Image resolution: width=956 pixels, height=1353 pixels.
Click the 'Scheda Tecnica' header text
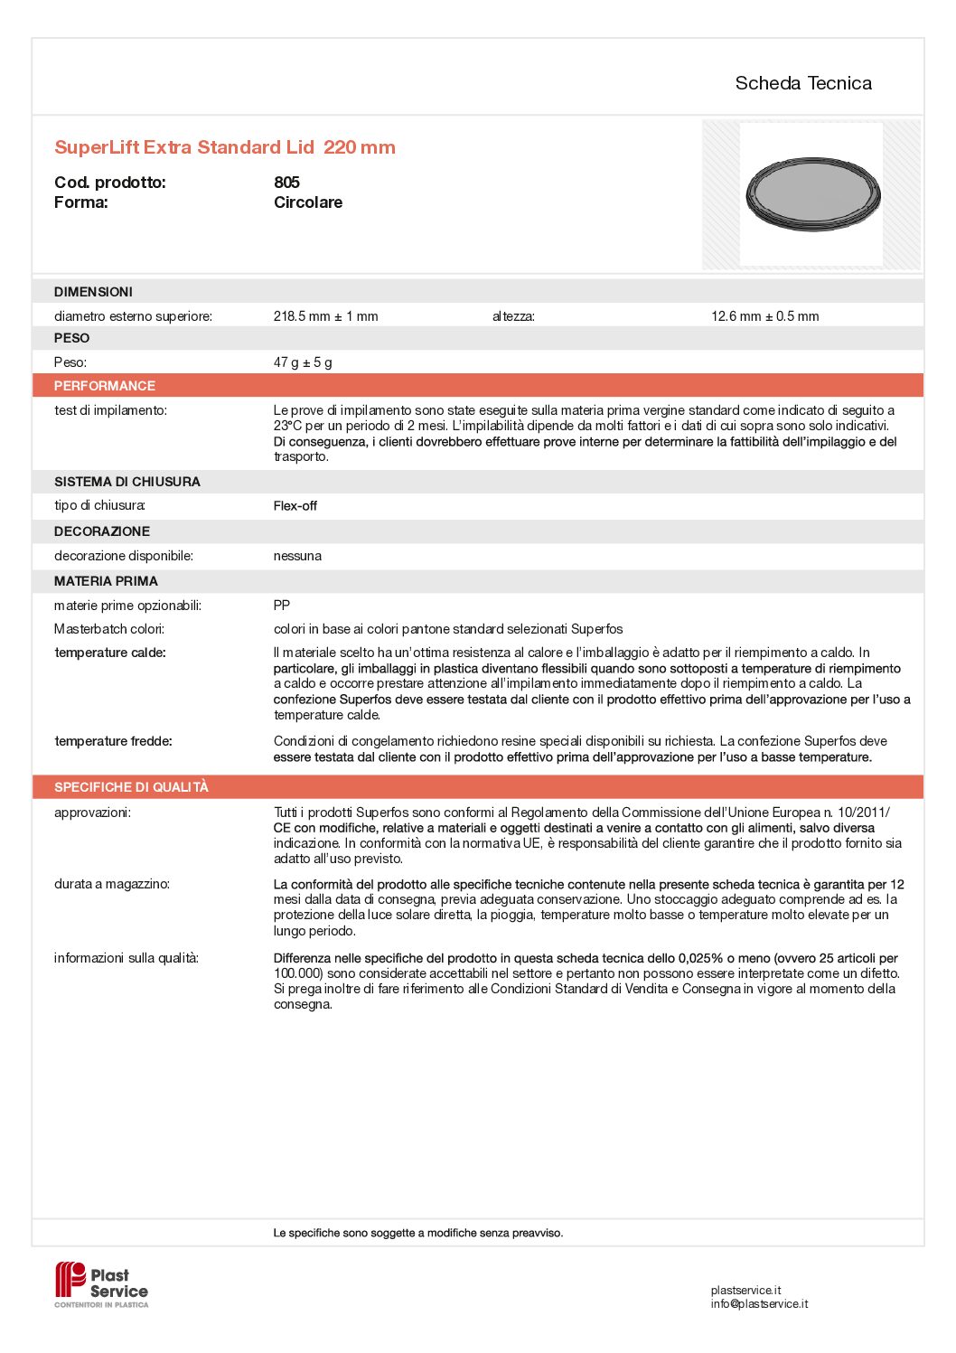pyautogui.click(x=802, y=83)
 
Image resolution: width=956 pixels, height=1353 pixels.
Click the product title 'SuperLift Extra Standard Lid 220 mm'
pyautogui.click(x=225, y=147)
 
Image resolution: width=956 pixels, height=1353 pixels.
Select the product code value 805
pyautogui.click(x=286, y=183)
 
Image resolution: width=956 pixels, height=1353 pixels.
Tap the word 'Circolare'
pyautogui.click(x=308, y=202)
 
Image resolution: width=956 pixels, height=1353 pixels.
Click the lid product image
pyautogui.click(x=812, y=193)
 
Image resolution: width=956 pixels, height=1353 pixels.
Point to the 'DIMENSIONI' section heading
pyautogui.click(x=93, y=292)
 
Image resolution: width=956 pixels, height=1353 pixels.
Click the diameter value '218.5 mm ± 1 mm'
pyautogui.click(x=325, y=316)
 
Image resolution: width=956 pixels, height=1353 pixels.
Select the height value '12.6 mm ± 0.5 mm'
pyautogui.click(x=764, y=316)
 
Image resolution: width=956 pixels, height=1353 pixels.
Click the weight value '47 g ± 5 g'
pyautogui.click(x=303, y=362)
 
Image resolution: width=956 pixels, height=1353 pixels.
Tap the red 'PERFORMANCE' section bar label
pyautogui.click(x=105, y=386)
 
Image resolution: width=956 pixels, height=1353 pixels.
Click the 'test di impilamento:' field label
pyautogui.click(x=110, y=410)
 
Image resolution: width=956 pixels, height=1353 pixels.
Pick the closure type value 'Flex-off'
pyautogui.click(x=295, y=506)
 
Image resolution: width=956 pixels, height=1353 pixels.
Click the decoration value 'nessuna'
pyautogui.click(x=297, y=556)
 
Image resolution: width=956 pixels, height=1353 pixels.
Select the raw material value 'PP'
pyautogui.click(x=282, y=606)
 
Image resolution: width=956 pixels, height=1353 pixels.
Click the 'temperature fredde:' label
pyautogui.click(x=113, y=741)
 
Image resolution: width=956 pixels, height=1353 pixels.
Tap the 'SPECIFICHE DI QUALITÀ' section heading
pyautogui.click(x=131, y=787)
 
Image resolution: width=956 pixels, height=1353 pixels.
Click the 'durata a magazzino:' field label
pyautogui.click(x=112, y=884)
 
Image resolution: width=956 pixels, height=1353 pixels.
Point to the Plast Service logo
pyautogui.click(x=101, y=1284)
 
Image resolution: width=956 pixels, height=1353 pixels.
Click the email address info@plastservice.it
pyautogui.click(x=759, y=1304)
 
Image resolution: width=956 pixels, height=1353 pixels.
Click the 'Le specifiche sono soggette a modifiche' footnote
pyautogui.click(x=417, y=1233)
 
